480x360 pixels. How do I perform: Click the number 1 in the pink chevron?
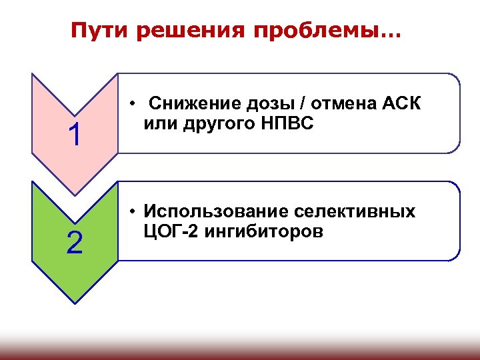[x=75, y=135]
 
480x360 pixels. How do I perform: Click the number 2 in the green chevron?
[x=75, y=243]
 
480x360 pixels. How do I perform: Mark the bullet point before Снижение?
[x=134, y=105]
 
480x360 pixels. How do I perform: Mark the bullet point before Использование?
[x=134, y=213]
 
